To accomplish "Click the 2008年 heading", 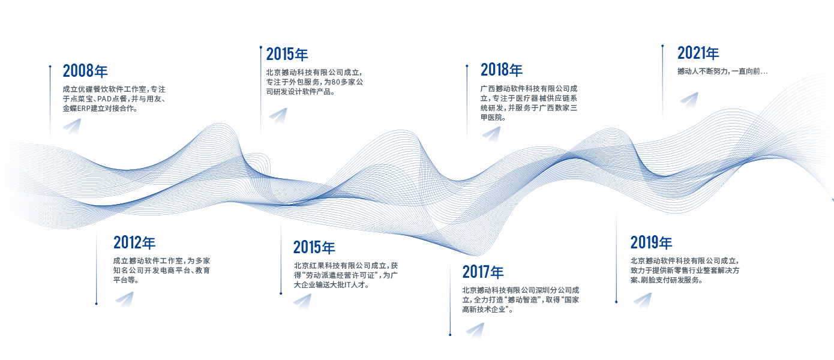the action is click(x=85, y=71).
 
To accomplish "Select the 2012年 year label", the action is click(x=134, y=242).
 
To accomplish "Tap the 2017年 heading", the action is click(x=483, y=272).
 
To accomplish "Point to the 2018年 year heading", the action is click(x=501, y=70).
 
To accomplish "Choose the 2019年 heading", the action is click(x=651, y=242).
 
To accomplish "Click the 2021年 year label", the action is click(x=698, y=53).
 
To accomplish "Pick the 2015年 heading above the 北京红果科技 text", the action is click(x=314, y=247).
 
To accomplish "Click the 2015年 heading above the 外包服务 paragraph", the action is click(x=287, y=54).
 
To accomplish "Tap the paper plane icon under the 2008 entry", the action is click(x=72, y=126).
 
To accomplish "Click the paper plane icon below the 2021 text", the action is click(x=689, y=100).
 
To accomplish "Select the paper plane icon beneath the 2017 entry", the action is click(x=475, y=330).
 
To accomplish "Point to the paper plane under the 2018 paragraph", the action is click(x=491, y=134).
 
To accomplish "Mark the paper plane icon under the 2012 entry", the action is click(x=124, y=299).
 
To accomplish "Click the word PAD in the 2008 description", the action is click(x=104, y=99).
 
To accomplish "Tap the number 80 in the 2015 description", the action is click(x=335, y=82).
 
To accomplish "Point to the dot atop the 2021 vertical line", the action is click(x=662, y=46).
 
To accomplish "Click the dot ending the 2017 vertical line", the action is click(x=450, y=335).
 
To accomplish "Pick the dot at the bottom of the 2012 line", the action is click(x=97, y=304).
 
